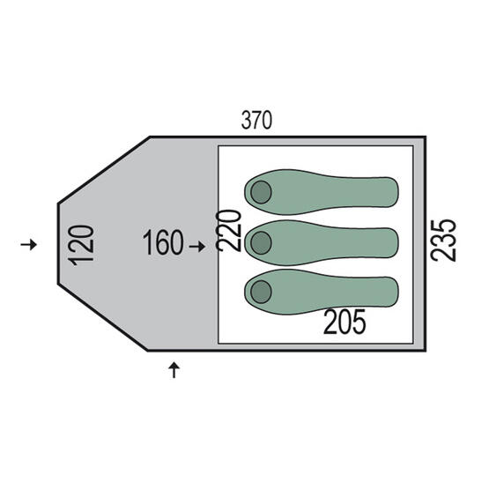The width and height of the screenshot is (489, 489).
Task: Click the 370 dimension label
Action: [x=256, y=121]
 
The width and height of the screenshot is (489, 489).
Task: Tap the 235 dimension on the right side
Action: [x=443, y=241]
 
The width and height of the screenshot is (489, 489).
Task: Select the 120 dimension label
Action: [x=81, y=246]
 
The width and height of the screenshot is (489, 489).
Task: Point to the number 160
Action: [x=163, y=242]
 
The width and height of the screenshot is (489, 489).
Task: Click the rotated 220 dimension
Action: [x=228, y=231]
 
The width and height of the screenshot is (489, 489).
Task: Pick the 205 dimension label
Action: [x=345, y=322]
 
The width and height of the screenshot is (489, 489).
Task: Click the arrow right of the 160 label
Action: [x=197, y=247]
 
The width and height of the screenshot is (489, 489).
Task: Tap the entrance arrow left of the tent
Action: [x=29, y=244]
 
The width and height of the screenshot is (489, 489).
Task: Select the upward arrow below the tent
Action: [x=174, y=370]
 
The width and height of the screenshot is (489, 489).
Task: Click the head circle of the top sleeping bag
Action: [x=261, y=192]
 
